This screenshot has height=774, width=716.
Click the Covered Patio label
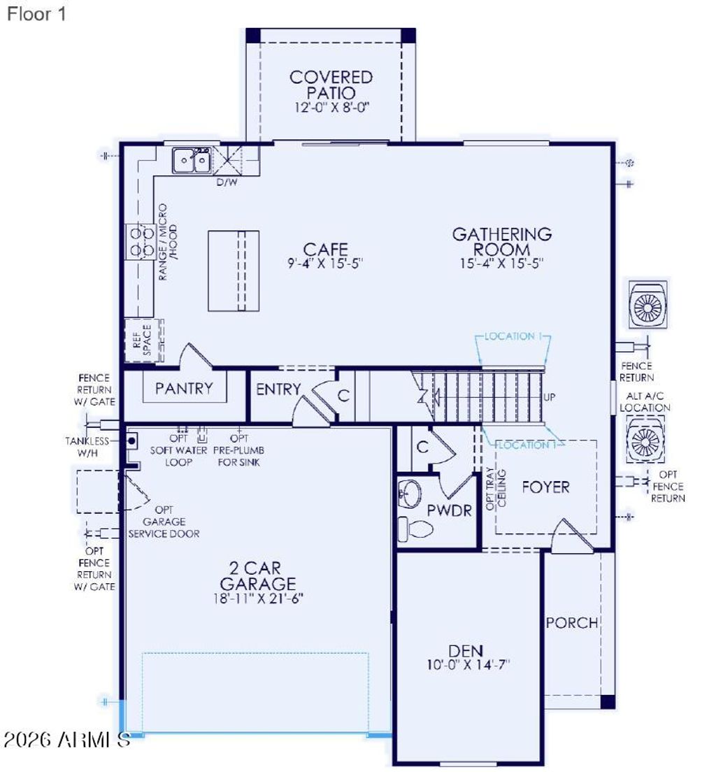coord(331,85)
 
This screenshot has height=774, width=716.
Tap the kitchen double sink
coord(192,160)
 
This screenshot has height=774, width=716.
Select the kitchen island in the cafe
coord(234,271)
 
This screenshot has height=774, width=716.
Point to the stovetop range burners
coord(140,241)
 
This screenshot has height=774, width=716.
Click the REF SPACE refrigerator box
coord(144,341)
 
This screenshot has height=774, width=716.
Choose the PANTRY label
coord(184,389)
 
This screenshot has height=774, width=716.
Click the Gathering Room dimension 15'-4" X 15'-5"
coord(501,264)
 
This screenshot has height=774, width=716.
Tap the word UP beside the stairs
coord(550,397)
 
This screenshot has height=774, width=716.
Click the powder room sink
coord(410,494)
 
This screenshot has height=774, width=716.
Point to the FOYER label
coord(545,487)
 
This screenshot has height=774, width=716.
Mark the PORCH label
coord(572,622)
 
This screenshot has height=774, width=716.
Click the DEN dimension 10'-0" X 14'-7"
coord(468,665)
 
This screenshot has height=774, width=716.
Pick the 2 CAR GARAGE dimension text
coord(258,599)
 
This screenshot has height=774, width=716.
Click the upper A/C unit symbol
coord(647,304)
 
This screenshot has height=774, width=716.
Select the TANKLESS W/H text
coord(87,446)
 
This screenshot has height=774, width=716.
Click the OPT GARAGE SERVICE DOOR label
coord(164,522)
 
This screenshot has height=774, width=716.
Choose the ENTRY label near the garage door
coord(278,389)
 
